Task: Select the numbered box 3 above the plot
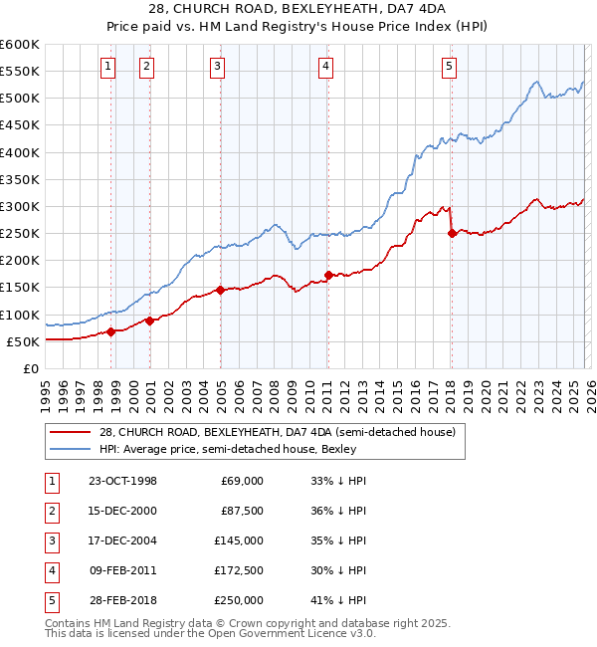point(217,67)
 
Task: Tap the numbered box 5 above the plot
point(449,67)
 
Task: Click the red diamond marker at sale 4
point(328,275)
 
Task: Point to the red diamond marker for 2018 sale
point(452,233)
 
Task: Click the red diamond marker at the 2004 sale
point(220,290)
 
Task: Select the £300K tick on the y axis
point(20,206)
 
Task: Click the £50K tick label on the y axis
point(23,341)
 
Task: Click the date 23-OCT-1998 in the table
point(122,481)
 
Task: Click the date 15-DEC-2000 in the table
point(122,511)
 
